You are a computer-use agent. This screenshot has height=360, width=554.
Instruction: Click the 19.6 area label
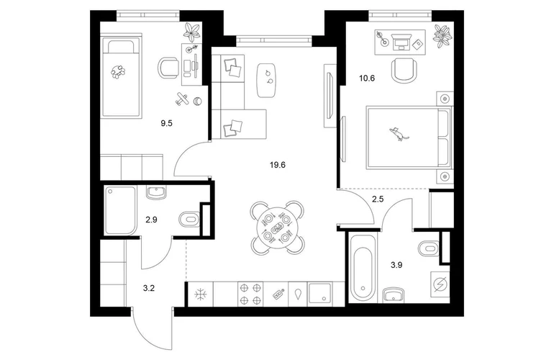click(x=277, y=165)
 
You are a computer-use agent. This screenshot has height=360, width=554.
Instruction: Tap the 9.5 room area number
click(x=166, y=123)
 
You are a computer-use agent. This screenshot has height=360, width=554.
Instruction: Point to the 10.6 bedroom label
click(x=367, y=78)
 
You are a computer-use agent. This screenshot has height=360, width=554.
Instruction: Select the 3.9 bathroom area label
click(x=396, y=265)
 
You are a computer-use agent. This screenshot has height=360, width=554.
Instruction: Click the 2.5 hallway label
click(x=378, y=199)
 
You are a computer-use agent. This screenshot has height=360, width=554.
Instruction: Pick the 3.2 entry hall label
click(x=149, y=288)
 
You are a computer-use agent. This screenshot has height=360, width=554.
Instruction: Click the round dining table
click(x=277, y=228)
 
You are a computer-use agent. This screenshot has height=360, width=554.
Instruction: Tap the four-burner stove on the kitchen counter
click(x=250, y=294)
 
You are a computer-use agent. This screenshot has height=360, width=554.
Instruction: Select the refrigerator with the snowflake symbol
click(x=200, y=294)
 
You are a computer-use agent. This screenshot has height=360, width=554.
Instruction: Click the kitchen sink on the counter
click(x=319, y=293)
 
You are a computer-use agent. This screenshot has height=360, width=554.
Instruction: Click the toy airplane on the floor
click(x=182, y=99)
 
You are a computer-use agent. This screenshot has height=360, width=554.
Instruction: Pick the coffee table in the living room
click(x=266, y=80)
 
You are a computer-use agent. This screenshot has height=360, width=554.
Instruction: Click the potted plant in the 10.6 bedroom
click(x=442, y=36)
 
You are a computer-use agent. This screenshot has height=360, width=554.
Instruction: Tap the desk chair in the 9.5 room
click(x=168, y=68)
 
